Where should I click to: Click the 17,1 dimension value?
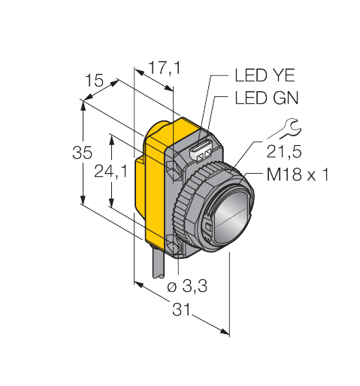pyautogui.click(x=165, y=68)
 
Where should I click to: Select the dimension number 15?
pyautogui.click(x=94, y=81)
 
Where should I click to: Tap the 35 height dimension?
pyautogui.click(x=82, y=153)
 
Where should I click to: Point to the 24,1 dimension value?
pyautogui.click(x=110, y=172)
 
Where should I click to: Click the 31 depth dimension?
pyautogui.click(x=181, y=309)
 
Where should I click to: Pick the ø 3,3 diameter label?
pyautogui.click(x=187, y=286)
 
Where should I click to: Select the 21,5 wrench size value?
pyautogui.click(x=284, y=152)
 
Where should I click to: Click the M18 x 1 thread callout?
pyautogui.click(x=298, y=175)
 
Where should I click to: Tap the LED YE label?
pyautogui.click(x=265, y=75)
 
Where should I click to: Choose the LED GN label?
pyautogui.click(x=267, y=98)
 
